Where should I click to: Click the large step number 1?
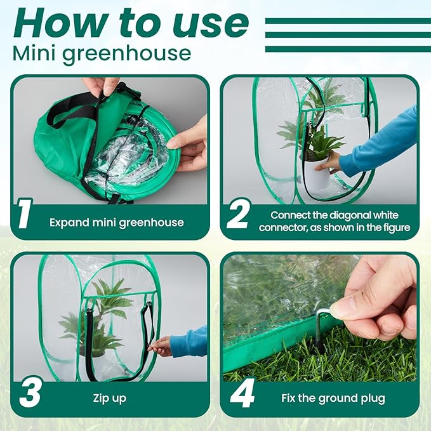(25, 213)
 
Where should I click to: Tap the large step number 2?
(238, 213)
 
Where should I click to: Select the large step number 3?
(30, 392)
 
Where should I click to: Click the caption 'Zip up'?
(109, 398)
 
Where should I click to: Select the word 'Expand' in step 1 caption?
(69, 223)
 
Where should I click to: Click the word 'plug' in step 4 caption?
(373, 399)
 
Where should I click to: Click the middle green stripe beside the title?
(348, 35)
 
